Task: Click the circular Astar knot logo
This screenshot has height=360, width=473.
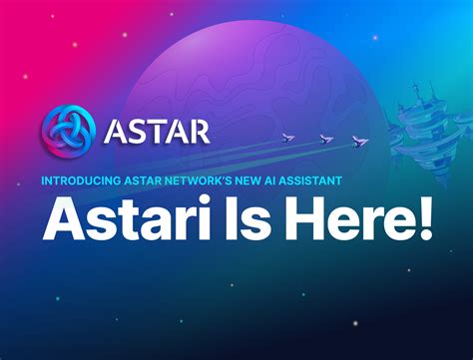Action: coord(70,133)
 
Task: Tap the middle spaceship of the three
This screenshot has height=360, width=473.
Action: coord(324,139)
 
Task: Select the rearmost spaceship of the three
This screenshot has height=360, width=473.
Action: coord(287,138)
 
